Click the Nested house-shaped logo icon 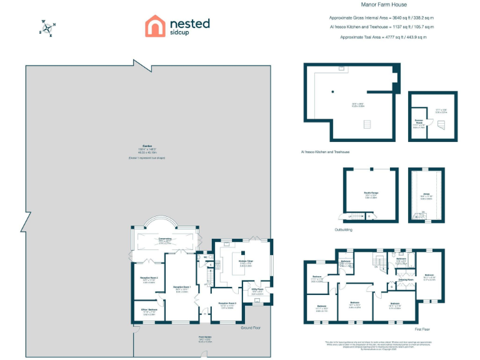point(155,26)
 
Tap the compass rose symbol point(48,27)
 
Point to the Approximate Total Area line point(382,37)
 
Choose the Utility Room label point(257,289)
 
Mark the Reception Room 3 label point(226,304)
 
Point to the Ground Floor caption point(251,327)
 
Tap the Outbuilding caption point(344,229)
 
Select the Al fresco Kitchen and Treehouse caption point(326,152)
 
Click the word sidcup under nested point(180,33)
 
